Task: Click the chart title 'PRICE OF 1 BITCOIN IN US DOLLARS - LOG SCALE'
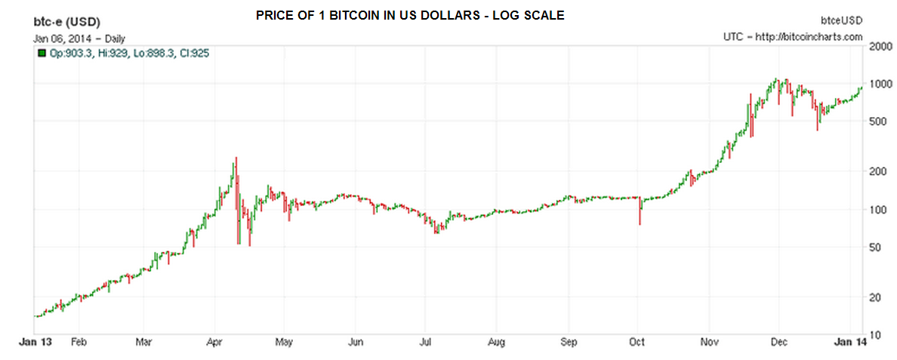click(409, 15)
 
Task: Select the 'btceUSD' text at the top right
click(845, 20)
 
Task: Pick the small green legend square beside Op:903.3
click(42, 54)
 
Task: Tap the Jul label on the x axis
click(425, 341)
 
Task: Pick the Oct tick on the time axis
click(638, 341)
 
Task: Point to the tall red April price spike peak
click(236, 158)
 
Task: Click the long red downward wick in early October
click(640, 215)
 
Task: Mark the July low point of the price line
click(436, 231)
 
